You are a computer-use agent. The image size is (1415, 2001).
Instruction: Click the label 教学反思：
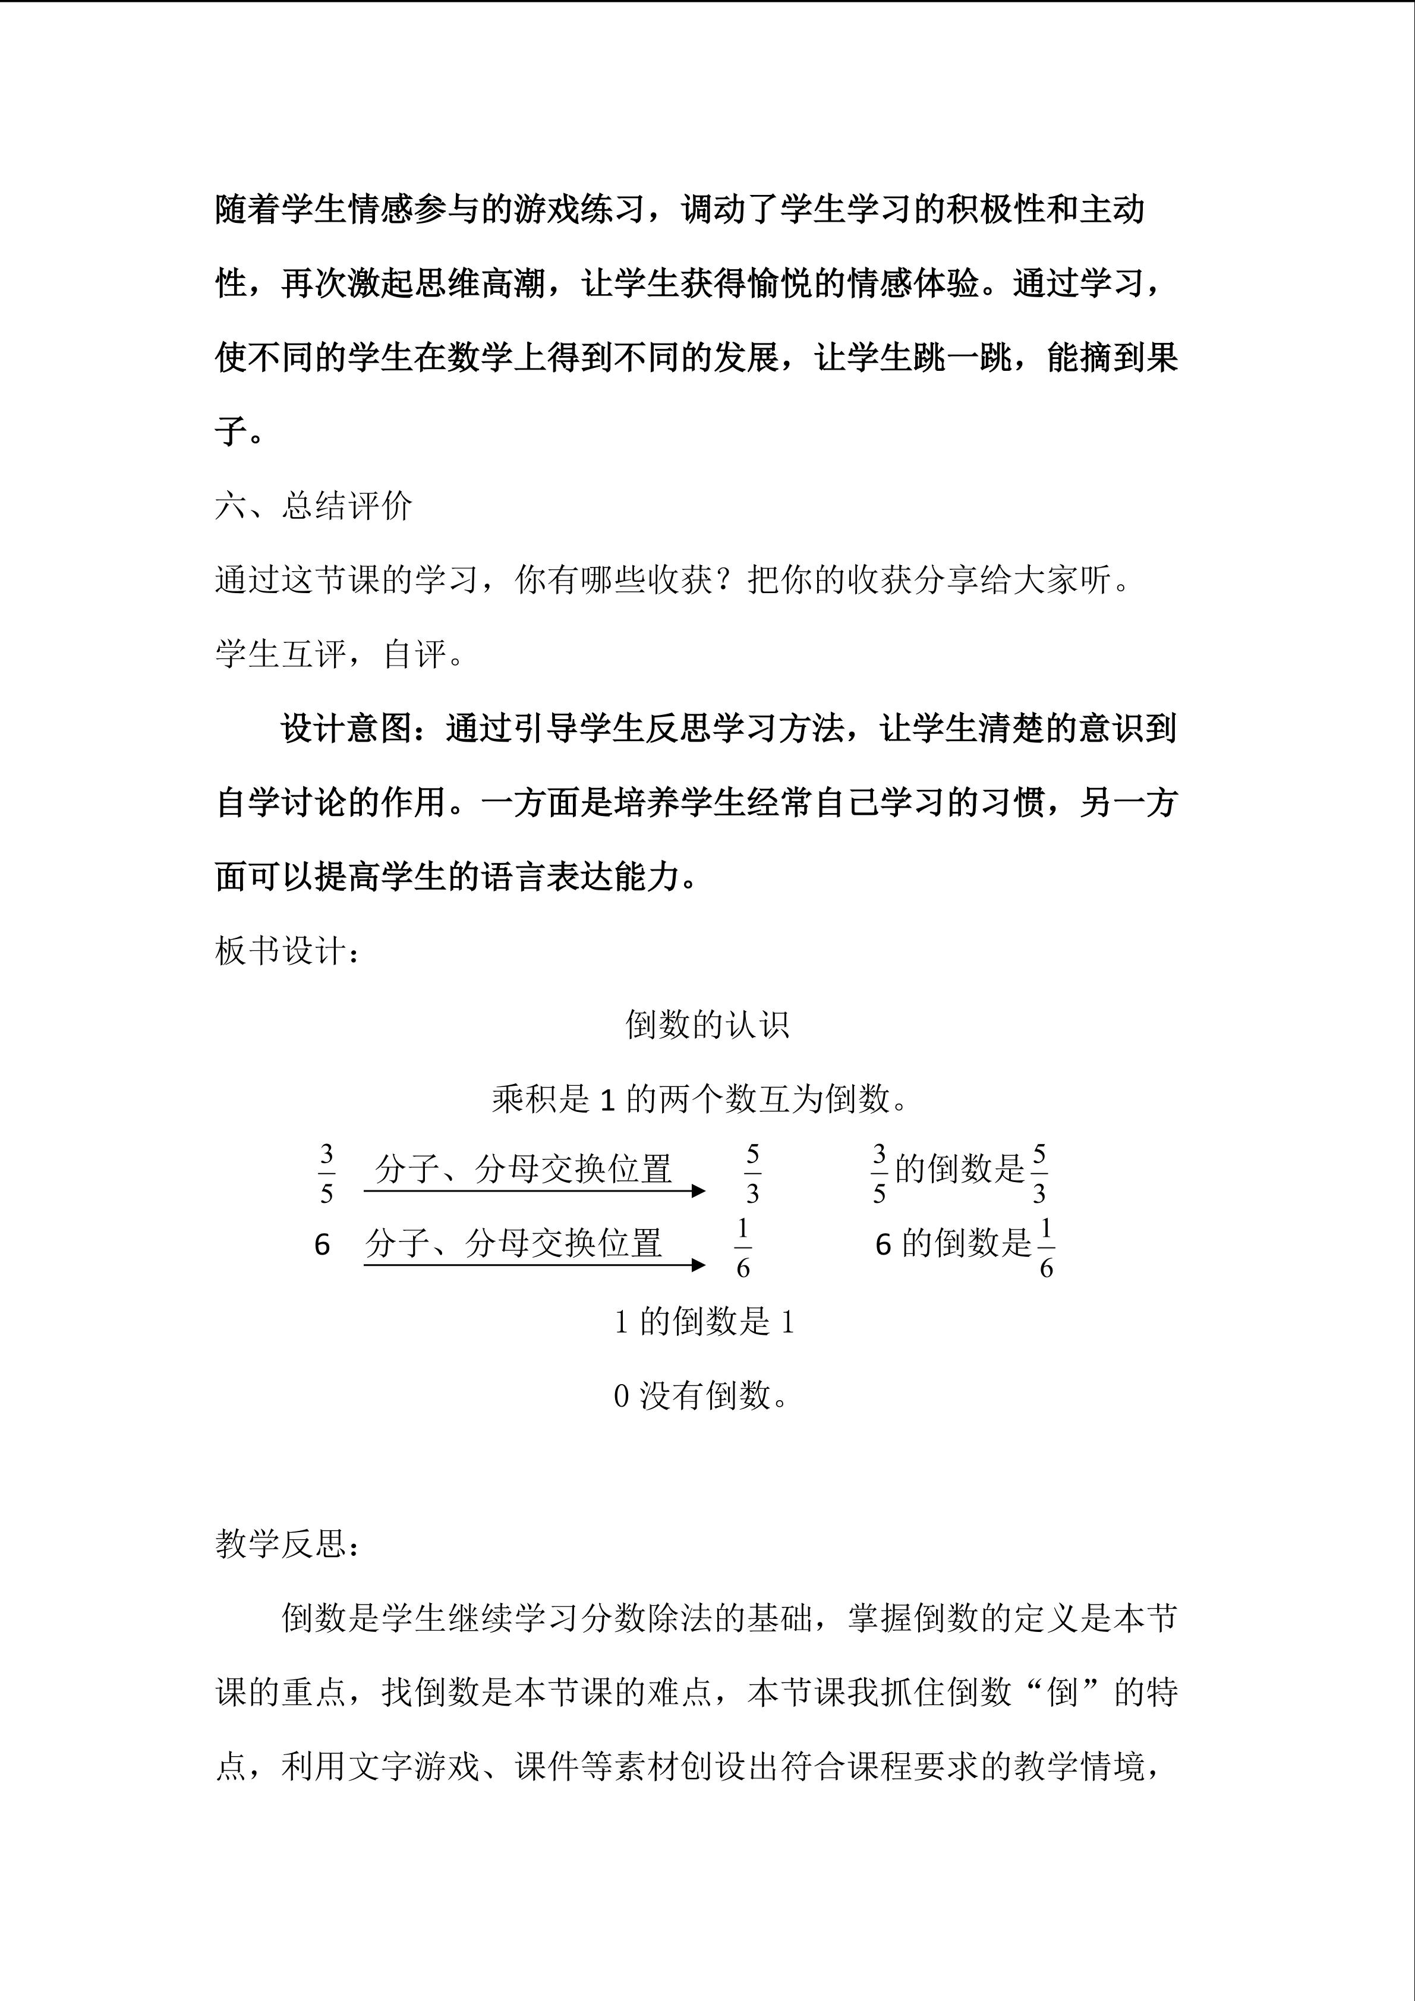pos(288,1545)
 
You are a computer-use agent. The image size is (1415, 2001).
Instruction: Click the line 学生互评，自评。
pos(340,654)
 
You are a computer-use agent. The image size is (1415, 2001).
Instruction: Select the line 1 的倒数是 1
pos(704,1323)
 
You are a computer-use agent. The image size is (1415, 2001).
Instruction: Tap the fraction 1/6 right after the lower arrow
pos(742,1248)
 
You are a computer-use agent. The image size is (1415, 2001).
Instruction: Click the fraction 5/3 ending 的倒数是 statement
pos(1039,1174)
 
